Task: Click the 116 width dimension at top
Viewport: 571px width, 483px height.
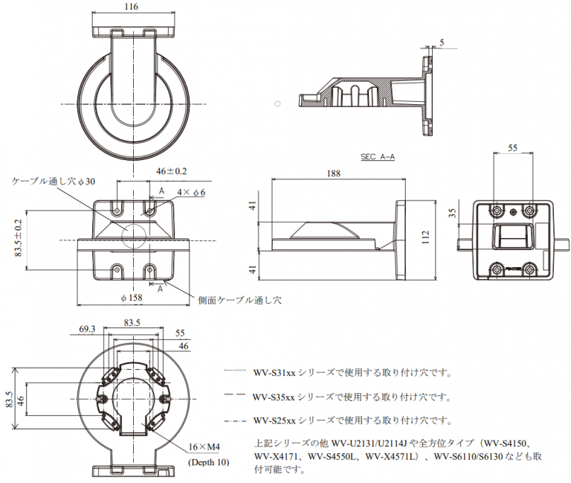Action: (133, 6)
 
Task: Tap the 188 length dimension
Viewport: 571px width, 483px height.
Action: (333, 173)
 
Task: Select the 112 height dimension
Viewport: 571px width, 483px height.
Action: (425, 237)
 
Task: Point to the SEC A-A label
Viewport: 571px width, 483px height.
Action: (378, 157)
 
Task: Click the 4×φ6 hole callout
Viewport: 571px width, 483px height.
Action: (190, 193)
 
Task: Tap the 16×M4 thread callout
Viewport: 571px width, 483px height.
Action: (204, 447)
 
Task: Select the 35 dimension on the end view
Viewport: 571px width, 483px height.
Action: (454, 214)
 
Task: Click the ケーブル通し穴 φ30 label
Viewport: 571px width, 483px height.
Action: (54, 182)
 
